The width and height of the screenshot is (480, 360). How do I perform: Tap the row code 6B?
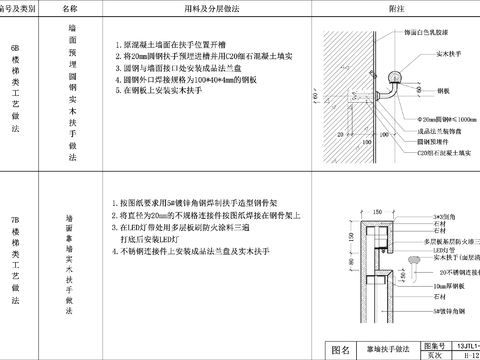click(14, 46)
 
